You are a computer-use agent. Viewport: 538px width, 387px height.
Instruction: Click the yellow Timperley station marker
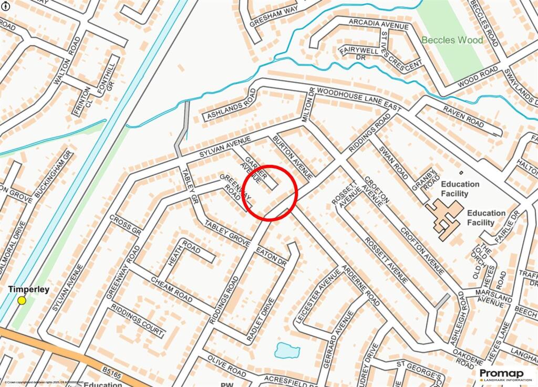[22, 300]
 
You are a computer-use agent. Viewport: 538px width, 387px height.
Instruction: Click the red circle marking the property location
[270, 193]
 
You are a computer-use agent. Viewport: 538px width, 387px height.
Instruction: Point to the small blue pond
[287, 350]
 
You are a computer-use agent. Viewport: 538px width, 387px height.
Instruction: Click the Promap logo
[504, 374]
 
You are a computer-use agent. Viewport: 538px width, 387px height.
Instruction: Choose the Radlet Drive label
[265, 321]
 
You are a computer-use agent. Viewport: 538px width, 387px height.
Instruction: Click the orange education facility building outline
[444, 218]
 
